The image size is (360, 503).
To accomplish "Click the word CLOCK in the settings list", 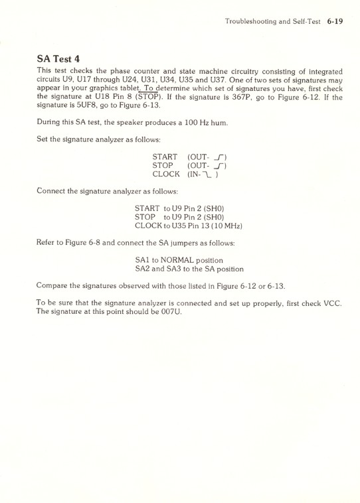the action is point(166,174).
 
